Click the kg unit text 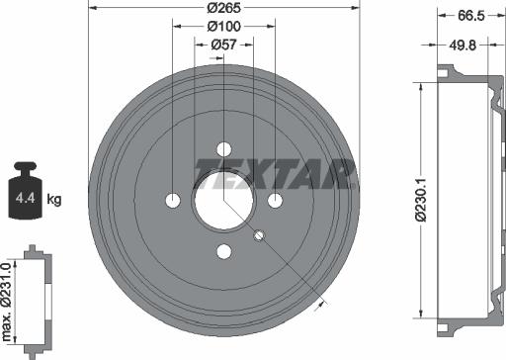pyautogui.click(x=54, y=200)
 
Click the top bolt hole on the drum pyautogui.click(x=223, y=149)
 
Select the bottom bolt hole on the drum pyautogui.click(x=223, y=250)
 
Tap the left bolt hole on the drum pyautogui.click(x=173, y=200)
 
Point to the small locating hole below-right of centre pyautogui.click(x=259, y=235)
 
